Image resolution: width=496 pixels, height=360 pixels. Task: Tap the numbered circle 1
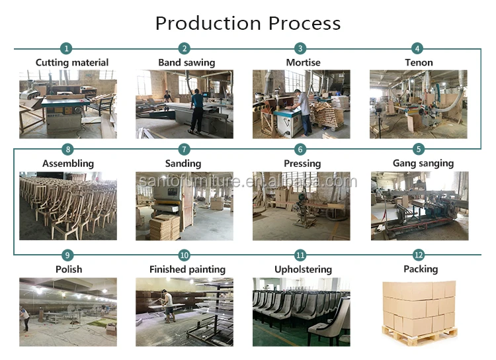click(66, 48)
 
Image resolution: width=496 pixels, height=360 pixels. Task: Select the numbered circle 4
click(417, 48)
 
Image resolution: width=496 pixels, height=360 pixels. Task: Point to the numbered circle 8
click(66, 150)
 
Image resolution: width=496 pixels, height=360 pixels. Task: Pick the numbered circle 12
click(417, 254)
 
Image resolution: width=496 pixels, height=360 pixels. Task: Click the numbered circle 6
click(301, 150)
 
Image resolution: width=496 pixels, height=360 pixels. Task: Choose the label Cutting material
click(71, 63)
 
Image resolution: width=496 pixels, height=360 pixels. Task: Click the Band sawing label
click(186, 63)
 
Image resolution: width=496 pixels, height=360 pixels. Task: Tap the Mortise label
click(303, 63)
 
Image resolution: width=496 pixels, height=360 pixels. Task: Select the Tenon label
click(419, 63)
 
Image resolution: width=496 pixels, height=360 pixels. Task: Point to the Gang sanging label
click(423, 163)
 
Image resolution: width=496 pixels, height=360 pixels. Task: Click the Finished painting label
click(187, 269)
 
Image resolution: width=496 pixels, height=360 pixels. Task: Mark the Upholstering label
click(303, 269)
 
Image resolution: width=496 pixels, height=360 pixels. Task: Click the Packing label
click(421, 269)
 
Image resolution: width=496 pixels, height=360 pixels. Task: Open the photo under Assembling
click(68, 206)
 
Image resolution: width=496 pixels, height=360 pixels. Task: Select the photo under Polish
click(68, 311)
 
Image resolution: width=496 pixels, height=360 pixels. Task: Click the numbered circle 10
click(185, 254)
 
